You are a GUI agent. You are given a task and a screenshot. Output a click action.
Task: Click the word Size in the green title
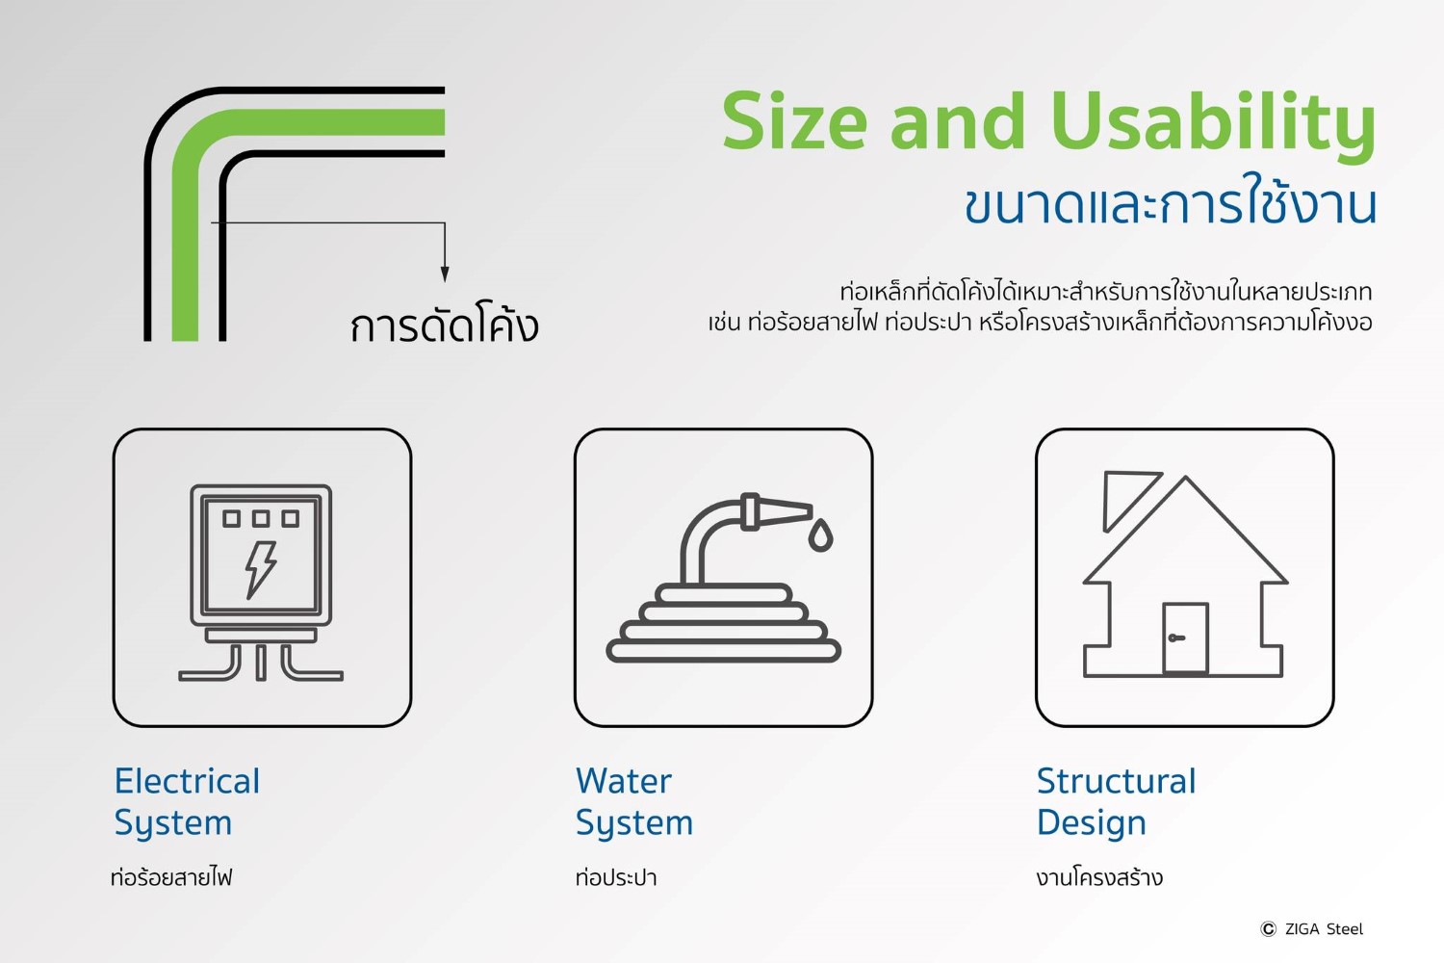[x=794, y=121]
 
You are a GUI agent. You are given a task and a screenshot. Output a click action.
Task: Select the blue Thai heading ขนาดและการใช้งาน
[x=1170, y=203]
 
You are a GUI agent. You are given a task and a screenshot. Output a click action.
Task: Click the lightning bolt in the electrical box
[x=261, y=569]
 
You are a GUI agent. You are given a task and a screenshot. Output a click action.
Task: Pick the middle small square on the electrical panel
[x=261, y=518]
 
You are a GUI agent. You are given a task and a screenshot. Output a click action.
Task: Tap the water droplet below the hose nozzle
[x=820, y=535]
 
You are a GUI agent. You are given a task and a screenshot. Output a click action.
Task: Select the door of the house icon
[x=1185, y=638]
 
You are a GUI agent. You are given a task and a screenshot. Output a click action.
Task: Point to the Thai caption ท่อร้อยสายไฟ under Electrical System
[x=171, y=877]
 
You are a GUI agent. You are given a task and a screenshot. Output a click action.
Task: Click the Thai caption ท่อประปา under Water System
[x=616, y=877]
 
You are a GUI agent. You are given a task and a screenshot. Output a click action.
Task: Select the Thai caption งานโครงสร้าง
[x=1099, y=877]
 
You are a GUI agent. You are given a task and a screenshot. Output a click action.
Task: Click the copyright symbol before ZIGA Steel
[x=1268, y=929]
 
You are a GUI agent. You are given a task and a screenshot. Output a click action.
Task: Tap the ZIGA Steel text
[x=1324, y=929]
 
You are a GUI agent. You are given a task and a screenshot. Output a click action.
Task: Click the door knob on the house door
[x=1175, y=638]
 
